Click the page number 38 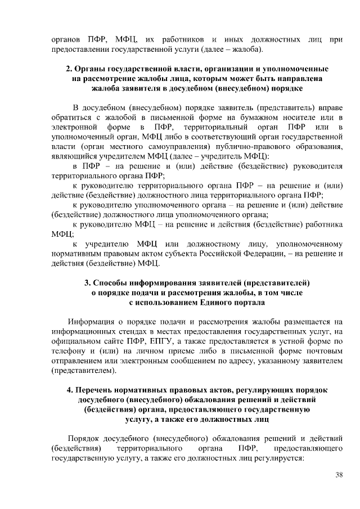(x=339, y=475)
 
